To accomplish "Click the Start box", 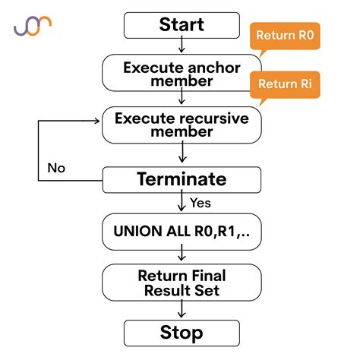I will point(181,25).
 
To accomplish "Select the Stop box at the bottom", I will point(181,333).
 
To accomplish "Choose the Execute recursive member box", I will point(181,125).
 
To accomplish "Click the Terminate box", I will point(181,179).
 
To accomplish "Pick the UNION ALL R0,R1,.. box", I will point(181,230).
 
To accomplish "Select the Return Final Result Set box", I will point(181,282).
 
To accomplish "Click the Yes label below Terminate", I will point(200,203).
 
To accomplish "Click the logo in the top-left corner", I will point(33,26).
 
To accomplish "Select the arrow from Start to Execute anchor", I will point(181,46).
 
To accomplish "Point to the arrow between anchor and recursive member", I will point(181,99).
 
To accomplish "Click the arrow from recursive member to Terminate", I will point(181,154).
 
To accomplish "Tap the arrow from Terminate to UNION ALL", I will point(181,203).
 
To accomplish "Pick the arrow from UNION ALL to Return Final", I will point(181,256).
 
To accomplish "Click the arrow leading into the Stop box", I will point(181,310).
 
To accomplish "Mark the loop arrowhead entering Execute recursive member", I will point(96,119).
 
